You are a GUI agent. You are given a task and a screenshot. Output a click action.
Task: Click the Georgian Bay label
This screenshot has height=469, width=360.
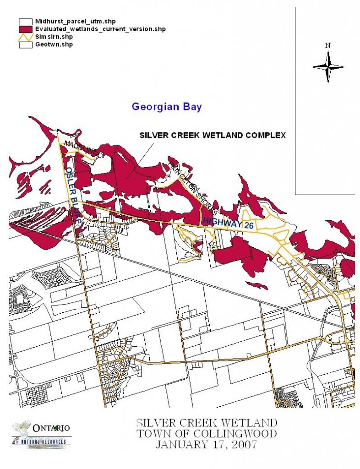point(167,107)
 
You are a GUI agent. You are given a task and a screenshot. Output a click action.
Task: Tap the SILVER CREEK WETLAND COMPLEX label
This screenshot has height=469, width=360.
point(213,136)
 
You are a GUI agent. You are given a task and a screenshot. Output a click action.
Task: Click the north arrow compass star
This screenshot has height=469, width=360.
point(328,67)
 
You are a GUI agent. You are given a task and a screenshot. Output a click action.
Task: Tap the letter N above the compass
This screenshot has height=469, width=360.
point(327,45)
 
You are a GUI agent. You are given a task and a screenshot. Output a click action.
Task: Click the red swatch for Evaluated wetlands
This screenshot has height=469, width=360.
point(26,29)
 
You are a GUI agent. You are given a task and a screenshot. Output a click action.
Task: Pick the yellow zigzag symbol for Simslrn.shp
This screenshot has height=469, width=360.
point(26,37)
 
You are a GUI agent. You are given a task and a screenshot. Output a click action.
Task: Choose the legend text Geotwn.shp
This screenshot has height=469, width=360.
point(54,44)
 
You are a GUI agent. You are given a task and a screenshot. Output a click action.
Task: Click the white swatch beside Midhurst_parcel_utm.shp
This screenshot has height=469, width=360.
point(26,21)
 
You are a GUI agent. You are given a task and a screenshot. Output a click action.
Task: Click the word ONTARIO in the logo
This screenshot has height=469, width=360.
point(51,428)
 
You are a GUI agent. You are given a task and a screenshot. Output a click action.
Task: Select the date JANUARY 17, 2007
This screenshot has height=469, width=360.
point(206,444)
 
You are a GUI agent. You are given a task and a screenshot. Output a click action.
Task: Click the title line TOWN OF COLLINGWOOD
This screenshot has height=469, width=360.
point(206,433)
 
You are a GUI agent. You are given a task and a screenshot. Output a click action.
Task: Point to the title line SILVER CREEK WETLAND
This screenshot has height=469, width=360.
point(206,422)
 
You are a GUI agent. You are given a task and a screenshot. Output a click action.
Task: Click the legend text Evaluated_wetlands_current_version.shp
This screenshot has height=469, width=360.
point(100,29)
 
